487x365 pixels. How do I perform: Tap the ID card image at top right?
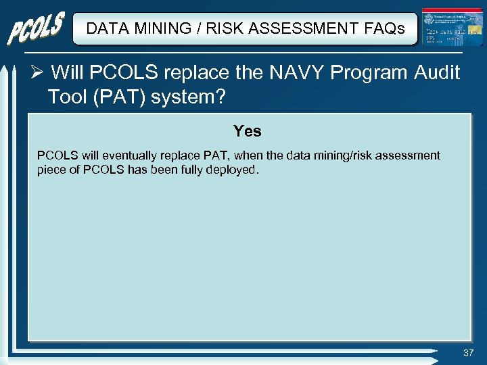pos(442,28)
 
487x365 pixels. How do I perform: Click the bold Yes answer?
pos(247,130)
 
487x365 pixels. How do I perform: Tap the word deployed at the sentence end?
pos(234,170)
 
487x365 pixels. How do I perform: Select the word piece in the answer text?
pos(51,170)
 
